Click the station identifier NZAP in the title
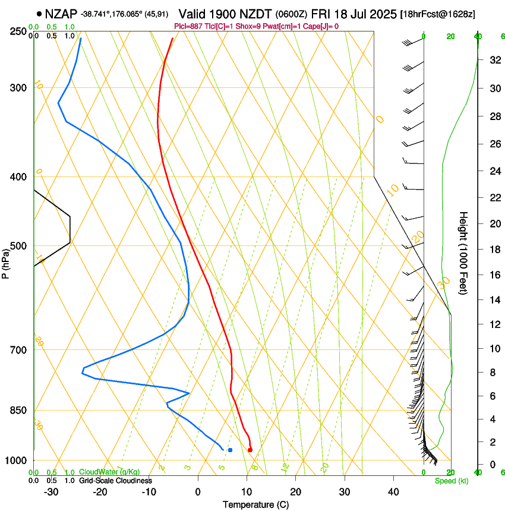coord(62,13)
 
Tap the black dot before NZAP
coord(39,13)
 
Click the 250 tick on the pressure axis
coord(18,31)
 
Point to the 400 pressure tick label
coord(18,177)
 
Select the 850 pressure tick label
coord(18,411)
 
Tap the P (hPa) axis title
coord(5,261)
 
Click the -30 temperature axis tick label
coord(51,492)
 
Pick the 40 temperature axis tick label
coord(393,492)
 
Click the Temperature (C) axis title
coord(255,504)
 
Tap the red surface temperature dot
coord(250,450)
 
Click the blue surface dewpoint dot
coord(230,450)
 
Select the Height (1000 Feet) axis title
coord(463,253)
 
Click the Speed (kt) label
coord(451,481)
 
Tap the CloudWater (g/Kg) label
coord(110,472)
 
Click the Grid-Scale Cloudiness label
coord(115,481)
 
